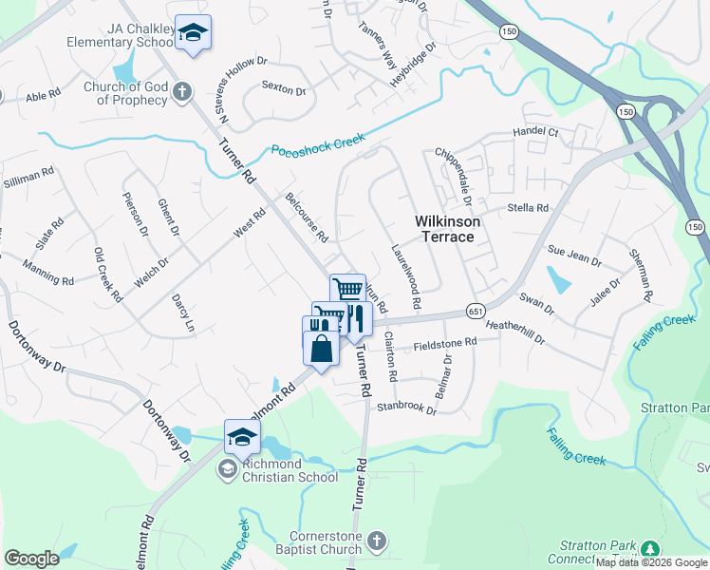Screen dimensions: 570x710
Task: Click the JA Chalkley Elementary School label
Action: (x=119, y=36)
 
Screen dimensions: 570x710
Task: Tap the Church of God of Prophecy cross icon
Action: (x=182, y=92)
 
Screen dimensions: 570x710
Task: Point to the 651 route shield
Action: (x=476, y=312)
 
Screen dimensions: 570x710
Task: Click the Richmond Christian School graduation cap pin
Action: (x=242, y=437)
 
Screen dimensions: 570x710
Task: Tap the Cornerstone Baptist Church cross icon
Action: (x=377, y=541)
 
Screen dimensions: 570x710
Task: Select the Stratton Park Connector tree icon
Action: (x=650, y=550)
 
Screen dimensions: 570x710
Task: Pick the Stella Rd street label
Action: (x=529, y=208)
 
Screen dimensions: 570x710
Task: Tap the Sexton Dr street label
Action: (x=284, y=91)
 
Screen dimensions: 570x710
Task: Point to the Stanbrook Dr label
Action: (x=406, y=409)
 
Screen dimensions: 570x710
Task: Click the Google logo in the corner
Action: (x=31, y=558)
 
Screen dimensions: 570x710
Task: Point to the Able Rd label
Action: (x=43, y=96)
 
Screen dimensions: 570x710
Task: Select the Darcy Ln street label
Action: (x=181, y=313)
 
